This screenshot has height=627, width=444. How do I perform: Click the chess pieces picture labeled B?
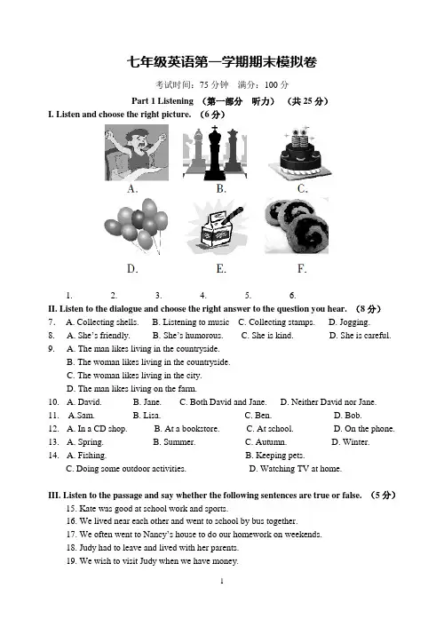point(215,153)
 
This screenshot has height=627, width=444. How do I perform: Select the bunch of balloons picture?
point(136,226)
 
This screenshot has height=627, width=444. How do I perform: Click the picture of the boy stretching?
point(137,153)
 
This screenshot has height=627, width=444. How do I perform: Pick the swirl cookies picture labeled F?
point(297,226)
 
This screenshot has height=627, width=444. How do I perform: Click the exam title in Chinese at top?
point(222,62)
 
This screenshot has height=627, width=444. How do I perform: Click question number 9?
point(52,349)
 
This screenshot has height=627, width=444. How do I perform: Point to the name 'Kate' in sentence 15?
point(88,509)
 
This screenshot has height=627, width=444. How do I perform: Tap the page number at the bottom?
point(222,581)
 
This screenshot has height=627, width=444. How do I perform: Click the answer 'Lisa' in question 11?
point(152,416)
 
